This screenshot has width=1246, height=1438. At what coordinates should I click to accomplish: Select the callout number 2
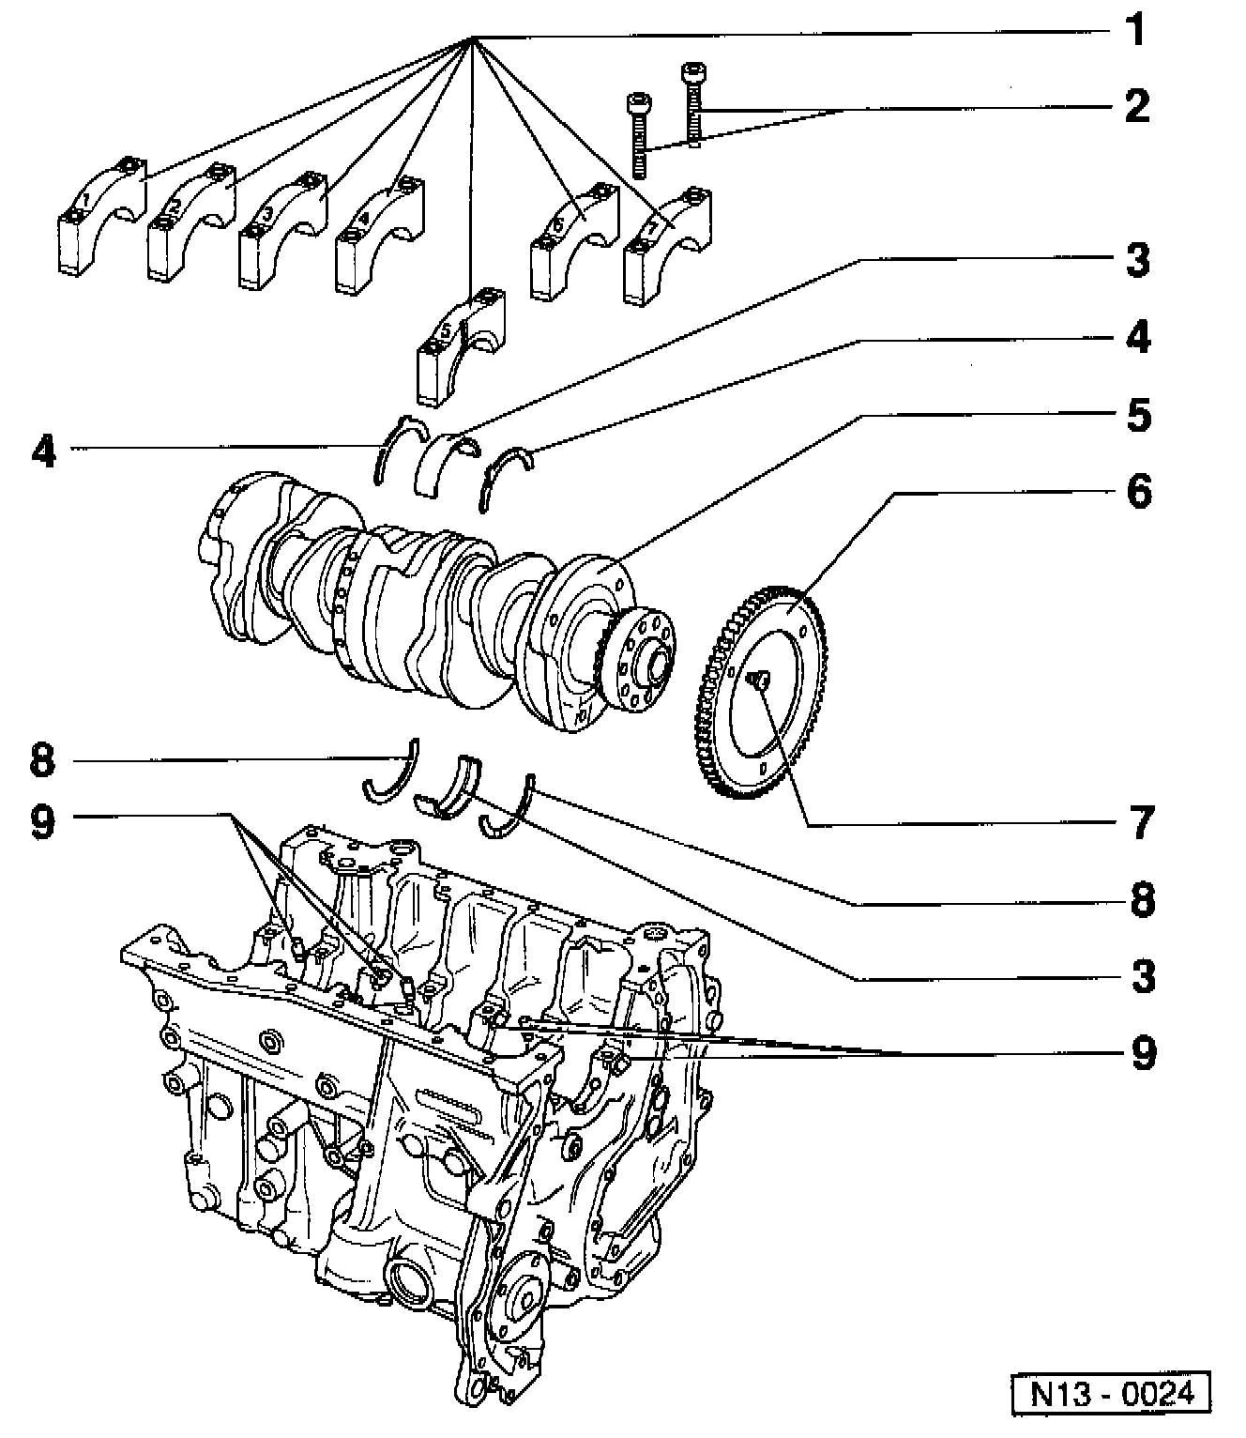coord(1136,105)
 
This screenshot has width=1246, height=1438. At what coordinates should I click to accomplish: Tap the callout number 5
coord(1138,414)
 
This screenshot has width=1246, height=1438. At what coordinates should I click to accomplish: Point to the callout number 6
coord(1138,490)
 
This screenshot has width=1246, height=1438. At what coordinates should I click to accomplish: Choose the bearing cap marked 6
coord(573,239)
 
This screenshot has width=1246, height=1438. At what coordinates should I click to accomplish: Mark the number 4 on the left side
coord(43,451)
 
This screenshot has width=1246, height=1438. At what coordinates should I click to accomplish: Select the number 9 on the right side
coord(1141,1051)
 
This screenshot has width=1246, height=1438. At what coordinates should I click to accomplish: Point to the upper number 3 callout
coord(1138,260)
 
